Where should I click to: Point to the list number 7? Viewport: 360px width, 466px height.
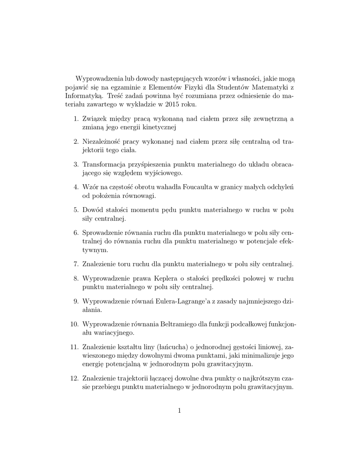76,263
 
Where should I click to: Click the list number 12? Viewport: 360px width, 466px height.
74,379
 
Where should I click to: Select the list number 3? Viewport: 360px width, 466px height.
76,164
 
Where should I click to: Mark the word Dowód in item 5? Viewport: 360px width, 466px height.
93,210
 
